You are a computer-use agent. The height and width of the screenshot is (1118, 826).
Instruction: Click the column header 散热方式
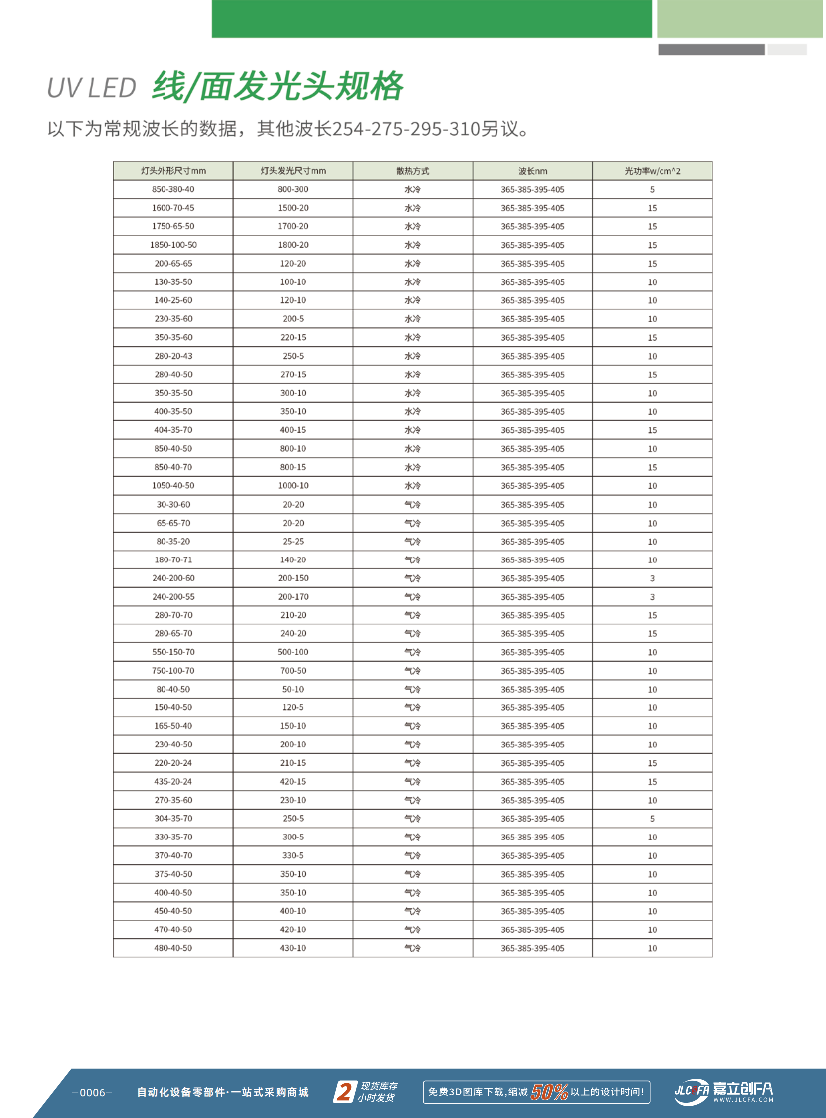tap(412, 171)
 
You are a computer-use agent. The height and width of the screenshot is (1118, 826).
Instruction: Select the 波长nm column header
tap(532, 171)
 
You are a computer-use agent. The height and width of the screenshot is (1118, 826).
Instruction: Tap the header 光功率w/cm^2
tap(652, 171)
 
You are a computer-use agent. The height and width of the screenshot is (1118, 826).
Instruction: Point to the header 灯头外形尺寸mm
tap(173, 171)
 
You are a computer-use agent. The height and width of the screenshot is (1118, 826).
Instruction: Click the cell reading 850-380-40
tap(173, 189)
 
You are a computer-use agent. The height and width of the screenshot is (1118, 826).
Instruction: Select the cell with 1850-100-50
tap(173, 245)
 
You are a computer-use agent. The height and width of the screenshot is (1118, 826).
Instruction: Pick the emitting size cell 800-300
tap(293, 189)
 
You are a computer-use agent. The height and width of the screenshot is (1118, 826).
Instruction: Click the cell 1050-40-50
tap(173, 486)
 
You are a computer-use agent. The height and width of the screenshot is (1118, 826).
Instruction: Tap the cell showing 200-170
tap(293, 597)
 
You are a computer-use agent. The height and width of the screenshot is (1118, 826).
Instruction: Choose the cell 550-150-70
tap(173, 652)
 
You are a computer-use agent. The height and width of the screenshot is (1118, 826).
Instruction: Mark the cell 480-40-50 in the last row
tap(173, 948)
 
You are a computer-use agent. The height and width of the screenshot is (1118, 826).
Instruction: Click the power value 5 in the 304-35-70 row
tap(652, 819)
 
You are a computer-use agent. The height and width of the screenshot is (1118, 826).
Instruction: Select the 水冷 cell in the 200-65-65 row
tap(412, 264)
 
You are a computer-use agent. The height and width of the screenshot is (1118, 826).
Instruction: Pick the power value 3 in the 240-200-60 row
tap(652, 578)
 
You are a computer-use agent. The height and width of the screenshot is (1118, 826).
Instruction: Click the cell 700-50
tap(293, 671)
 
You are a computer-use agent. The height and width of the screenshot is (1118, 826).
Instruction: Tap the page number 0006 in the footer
tap(93, 1092)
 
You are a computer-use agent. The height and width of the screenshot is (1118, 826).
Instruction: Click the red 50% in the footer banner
tap(549, 1092)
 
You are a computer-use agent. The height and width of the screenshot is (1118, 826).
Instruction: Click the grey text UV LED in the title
tap(92, 88)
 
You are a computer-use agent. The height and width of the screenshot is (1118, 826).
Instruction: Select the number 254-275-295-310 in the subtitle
tap(406, 129)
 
